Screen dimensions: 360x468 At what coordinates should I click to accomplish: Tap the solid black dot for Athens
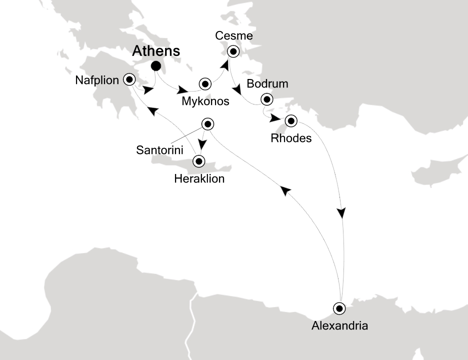coord(156,65)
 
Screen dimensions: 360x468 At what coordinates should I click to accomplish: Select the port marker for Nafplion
coord(130,79)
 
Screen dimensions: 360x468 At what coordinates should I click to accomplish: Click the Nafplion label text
coord(97,79)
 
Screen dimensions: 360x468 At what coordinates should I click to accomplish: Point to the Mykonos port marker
coord(204,84)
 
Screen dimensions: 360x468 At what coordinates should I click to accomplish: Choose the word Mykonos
coord(206,101)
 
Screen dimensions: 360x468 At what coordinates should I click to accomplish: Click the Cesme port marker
coord(232,51)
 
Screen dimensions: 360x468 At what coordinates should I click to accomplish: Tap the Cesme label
coord(234,36)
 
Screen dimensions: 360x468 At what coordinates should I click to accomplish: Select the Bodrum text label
coord(270,84)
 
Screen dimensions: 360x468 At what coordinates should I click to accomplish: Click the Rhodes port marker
coord(290,121)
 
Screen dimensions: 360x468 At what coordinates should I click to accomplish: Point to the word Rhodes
coord(291,138)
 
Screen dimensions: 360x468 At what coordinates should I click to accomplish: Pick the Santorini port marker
coord(207,123)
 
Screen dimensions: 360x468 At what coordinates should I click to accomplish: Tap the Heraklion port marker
coord(199,161)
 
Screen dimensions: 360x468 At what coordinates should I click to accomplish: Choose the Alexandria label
coord(339,326)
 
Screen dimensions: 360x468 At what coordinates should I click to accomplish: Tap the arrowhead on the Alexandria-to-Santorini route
coord(285,191)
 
